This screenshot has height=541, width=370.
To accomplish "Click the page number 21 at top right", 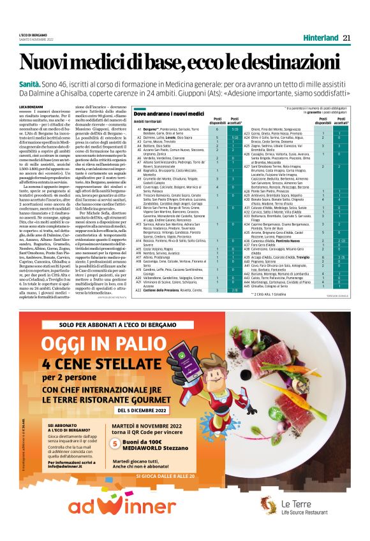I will click(x=346, y=38).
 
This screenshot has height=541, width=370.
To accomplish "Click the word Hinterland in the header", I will click(x=321, y=38).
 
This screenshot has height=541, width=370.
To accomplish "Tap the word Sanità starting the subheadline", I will click(x=29, y=83).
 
